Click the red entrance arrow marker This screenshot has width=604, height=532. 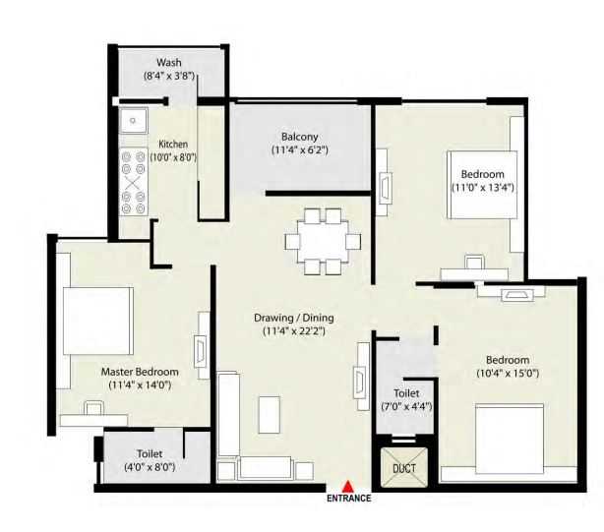coord(348,484)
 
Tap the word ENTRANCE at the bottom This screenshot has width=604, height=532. coord(348,499)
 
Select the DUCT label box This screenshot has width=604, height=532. coord(404,469)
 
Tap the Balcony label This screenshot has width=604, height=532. coord(299,137)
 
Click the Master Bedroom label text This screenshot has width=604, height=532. coord(141,372)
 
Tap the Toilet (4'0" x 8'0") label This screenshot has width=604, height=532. coord(151,453)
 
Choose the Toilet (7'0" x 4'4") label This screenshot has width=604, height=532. coord(406,392)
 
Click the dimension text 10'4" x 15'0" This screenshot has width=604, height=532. coord(508,374)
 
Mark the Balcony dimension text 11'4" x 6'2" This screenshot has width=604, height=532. coord(299,150)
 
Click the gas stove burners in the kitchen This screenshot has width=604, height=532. coord(133,181)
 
